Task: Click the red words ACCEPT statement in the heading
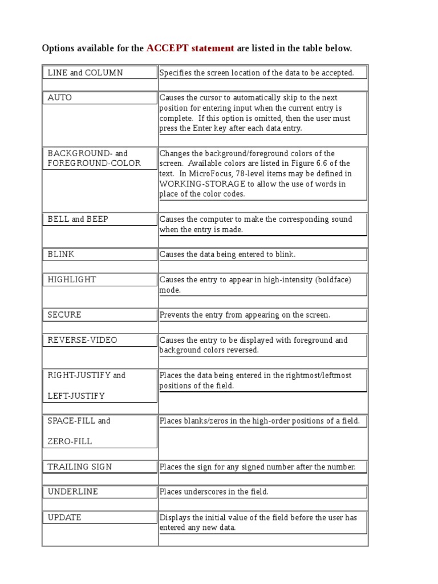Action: pyautogui.click(x=190, y=48)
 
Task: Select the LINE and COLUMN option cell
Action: pyautogui.click(x=86, y=72)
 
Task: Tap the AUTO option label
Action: pyautogui.click(x=60, y=98)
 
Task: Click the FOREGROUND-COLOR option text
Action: pyautogui.click(x=94, y=163)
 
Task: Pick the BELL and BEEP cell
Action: pyautogui.click(x=78, y=219)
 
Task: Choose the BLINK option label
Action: pyautogui.click(x=61, y=254)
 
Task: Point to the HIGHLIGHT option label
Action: pyautogui.click(x=72, y=279)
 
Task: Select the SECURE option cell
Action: pyautogui.click(x=64, y=315)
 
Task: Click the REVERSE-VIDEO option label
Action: pyautogui.click(x=82, y=340)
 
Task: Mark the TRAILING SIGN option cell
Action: pyautogui.click(x=80, y=467)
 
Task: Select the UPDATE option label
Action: pyautogui.click(x=64, y=517)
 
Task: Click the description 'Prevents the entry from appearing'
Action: pyautogui.click(x=245, y=315)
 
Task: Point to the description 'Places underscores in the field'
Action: pyautogui.click(x=214, y=492)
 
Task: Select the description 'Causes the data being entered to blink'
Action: pyautogui.click(x=228, y=254)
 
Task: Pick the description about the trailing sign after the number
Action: pyautogui.click(x=257, y=467)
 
